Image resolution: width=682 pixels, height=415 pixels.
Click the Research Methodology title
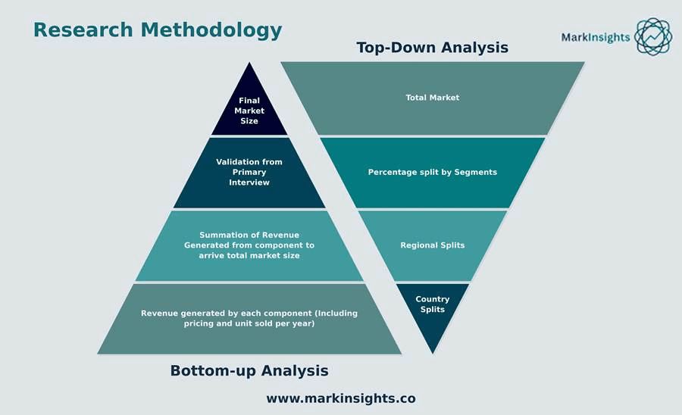click(158, 30)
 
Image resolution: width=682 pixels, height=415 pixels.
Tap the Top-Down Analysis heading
click(433, 48)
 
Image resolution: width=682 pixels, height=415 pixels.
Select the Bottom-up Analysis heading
click(249, 370)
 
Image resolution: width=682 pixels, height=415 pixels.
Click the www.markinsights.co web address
click(341, 398)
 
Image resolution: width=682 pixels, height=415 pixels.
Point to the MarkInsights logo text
click(596, 38)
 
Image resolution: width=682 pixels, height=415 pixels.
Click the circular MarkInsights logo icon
click(653, 36)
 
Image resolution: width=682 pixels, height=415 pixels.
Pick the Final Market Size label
click(249, 111)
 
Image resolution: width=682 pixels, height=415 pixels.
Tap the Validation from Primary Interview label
click(249, 172)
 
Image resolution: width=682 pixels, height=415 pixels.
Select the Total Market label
click(433, 98)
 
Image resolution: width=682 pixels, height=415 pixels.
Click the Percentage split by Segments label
click(433, 173)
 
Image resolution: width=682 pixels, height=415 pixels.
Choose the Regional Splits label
click(433, 245)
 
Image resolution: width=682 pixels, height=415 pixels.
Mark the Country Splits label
click(433, 304)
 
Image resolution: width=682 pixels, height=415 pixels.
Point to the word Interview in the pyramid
click(249, 183)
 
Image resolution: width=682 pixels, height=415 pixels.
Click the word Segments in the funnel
click(475, 173)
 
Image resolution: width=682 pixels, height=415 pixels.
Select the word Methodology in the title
click(211, 30)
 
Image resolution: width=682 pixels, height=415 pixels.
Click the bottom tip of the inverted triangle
click(433, 354)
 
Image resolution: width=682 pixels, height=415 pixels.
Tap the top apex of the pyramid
click(249, 63)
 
